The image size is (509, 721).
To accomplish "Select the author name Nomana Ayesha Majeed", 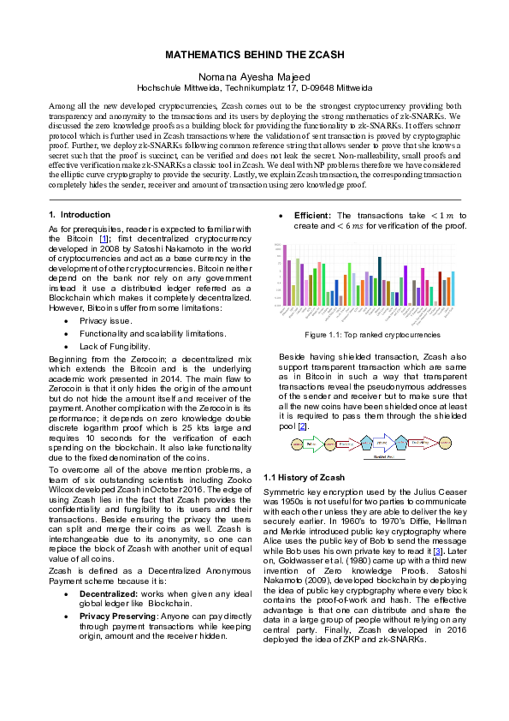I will click(x=254, y=76).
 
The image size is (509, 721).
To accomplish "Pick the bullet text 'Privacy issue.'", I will click(x=106, y=319).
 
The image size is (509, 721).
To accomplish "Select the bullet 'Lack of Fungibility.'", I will click(x=115, y=346).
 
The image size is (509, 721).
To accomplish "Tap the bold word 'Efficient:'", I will click(x=313, y=215).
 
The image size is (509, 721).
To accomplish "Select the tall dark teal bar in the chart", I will click(x=380, y=274).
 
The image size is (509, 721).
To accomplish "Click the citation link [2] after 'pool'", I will click(x=302, y=426).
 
